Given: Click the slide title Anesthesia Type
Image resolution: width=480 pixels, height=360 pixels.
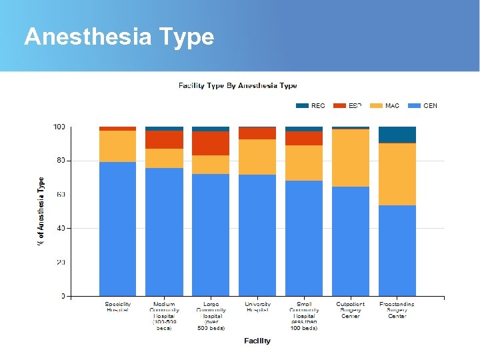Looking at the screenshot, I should [x=119, y=36].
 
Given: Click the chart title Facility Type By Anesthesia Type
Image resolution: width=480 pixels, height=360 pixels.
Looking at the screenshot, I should [x=237, y=85].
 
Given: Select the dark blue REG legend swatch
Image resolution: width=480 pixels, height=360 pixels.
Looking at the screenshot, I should [x=302, y=105].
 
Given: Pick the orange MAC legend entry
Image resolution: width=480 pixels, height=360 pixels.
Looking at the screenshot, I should [x=384, y=105].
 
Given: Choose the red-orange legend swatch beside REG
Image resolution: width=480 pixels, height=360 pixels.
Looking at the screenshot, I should [x=339, y=105].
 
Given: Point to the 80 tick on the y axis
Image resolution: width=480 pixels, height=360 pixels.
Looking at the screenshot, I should [x=59, y=161].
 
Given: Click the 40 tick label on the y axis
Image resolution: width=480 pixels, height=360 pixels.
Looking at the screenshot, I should [x=59, y=229].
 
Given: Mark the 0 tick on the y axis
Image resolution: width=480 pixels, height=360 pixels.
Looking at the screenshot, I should [x=63, y=296].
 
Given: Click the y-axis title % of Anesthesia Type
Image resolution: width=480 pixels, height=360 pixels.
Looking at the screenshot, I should [x=41, y=211].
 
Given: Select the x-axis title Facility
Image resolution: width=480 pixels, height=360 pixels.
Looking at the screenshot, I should [x=257, y=341].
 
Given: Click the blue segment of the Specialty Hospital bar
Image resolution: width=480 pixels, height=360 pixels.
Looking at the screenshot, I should [x=117, y=229].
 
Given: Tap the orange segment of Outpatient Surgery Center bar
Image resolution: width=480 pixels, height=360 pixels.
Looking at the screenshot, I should [x=351, y=157].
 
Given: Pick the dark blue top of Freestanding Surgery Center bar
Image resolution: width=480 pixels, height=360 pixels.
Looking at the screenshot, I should [x=397, y=135].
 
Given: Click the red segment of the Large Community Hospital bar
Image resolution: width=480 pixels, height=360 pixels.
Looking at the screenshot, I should [x=211, y=143].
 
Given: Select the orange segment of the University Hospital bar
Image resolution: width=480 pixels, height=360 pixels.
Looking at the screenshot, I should [x=257, y=157].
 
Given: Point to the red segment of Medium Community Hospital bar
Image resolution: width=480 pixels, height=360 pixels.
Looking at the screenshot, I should [x=164, y=139].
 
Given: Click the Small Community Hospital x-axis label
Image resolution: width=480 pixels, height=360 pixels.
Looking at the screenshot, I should [x=304, y=316].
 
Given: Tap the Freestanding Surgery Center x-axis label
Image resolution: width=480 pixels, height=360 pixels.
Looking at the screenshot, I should [x=397, y=310].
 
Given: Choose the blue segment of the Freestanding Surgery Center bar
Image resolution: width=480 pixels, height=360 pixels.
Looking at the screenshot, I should [x=397, y=251].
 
